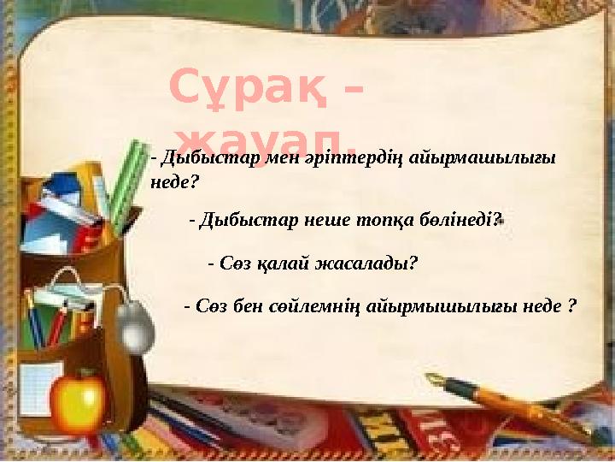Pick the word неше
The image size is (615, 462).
tap(335, 220)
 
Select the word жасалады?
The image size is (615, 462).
tap(367, 263)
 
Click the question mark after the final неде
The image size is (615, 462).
tap(571, 305)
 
